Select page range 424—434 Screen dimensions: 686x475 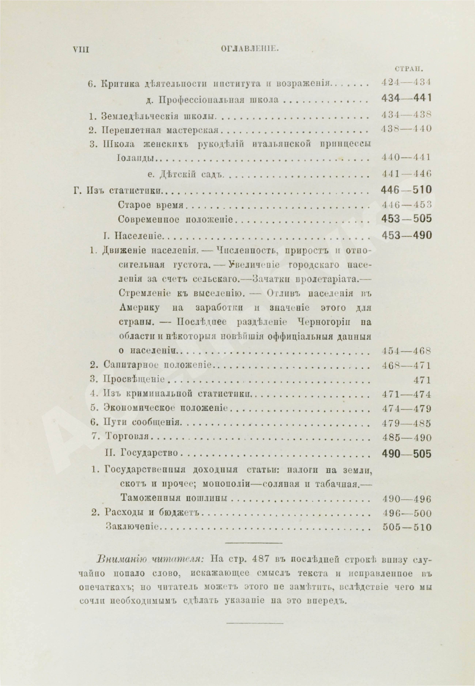[x=406, y=84]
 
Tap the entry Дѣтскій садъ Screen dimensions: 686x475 [x=185, y=174]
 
